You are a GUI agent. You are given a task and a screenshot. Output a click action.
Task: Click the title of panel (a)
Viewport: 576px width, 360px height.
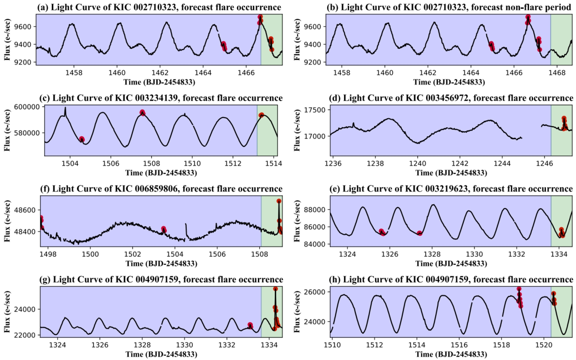click(159, 7)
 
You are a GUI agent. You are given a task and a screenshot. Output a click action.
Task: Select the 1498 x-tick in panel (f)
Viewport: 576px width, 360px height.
click(48, 254)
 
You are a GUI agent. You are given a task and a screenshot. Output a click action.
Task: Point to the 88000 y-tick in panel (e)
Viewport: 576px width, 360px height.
click(316, 210)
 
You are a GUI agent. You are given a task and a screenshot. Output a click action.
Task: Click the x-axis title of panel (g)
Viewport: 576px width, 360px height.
click(161, 354)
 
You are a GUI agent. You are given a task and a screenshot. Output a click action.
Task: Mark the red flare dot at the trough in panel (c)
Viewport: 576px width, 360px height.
click(82, 140)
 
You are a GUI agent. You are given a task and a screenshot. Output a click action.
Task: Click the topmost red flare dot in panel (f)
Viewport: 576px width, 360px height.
click(279, 201)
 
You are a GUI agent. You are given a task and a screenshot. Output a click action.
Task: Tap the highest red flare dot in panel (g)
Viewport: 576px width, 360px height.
click(275, 289)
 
